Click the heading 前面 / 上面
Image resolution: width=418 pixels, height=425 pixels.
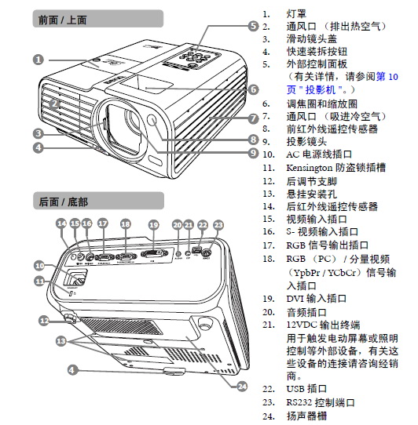(x=64, y=20)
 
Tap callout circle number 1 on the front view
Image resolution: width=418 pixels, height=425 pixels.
(x=38, y=59)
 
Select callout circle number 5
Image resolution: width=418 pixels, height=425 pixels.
(x=253, y=26)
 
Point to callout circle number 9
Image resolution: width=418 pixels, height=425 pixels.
(x=253, y=153)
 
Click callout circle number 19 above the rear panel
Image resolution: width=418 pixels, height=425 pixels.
(x=153, y=224)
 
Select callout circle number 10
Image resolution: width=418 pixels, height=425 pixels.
(x=38, y=265)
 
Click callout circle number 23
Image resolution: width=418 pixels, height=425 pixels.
(x=218, y=224)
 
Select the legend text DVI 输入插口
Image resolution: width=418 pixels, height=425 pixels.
(x=315, y=298)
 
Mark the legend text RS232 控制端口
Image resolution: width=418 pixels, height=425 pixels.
(x=320, y=401)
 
